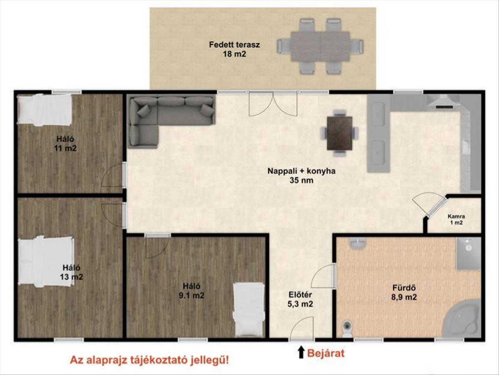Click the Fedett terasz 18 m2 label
tap(235, 49)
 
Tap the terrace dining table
tap(321, 47)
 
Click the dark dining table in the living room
tap(340, 133)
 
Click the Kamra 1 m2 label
tap(456, 220)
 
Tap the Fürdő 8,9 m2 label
tap(404, 292)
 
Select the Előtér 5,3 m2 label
tap(300, 299)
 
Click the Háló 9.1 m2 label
tap(191, 291)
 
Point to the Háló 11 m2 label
tap(65, 143)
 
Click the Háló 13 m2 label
tap(72, 272)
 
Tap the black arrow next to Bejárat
tap(301, 352)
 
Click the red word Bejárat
tap(326, 353)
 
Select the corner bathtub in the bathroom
tap(462, 318)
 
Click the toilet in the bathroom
tap(347, 329)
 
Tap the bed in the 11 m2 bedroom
tap(45, 110)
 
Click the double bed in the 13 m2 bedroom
tap(46, 262)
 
